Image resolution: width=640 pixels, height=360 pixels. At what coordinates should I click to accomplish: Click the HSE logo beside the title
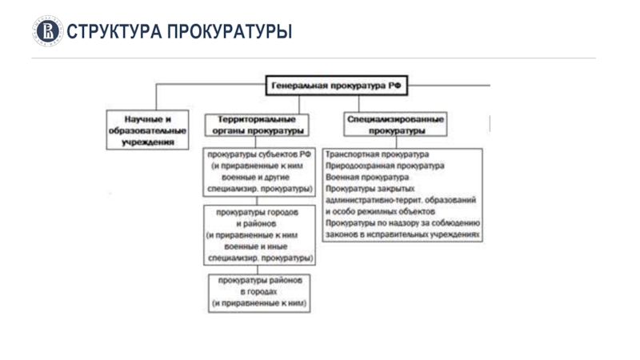[x=48, y=31]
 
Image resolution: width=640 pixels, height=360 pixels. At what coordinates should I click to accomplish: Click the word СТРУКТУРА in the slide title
[x=112, y=31]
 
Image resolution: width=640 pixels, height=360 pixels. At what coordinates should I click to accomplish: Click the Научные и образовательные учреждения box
[x=147, y=129]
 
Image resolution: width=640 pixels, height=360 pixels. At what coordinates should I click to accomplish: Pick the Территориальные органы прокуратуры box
[x=256, y=124]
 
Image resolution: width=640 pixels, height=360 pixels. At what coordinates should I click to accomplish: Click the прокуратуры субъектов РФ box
[x=259, y=171]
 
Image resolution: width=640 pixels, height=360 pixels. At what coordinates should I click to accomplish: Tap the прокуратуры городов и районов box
[x=259, y=235]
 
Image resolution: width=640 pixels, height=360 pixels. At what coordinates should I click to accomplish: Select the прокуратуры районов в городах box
[x=260, y=294]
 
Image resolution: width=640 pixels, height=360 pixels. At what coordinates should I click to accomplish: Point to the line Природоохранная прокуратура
[x=385, y=166]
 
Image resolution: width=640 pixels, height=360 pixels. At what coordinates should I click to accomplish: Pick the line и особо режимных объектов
[x=380, y=213]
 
